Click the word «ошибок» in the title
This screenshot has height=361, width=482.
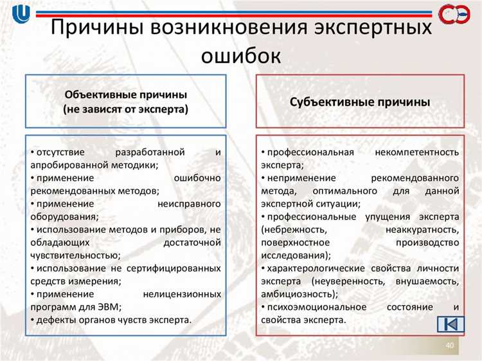tap(241, 55)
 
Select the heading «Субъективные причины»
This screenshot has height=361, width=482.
tap(360, 102)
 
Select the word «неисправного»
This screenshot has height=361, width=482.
tap(190, 203)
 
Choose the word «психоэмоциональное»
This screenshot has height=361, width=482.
tap(312, 307)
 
